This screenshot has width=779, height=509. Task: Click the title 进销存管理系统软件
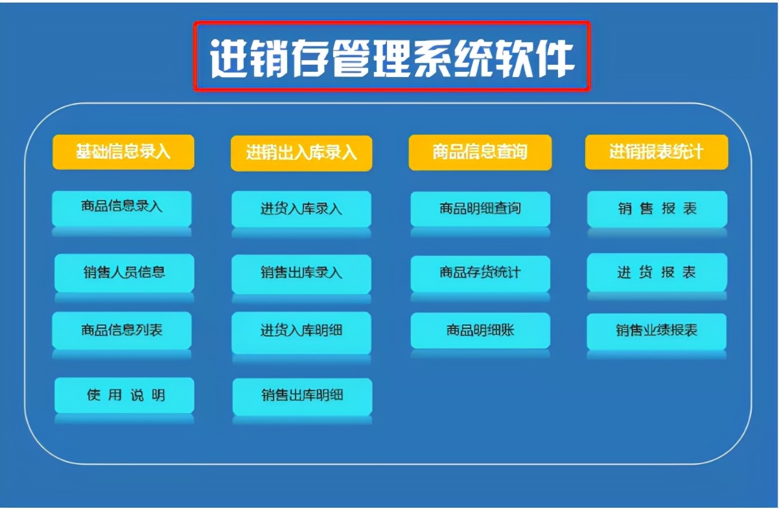pyautogui.click(x=391, y=57)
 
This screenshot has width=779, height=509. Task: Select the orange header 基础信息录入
pyautogui.click(x=123, y=152)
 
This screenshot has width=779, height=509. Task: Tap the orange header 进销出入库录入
pyautogui.click(x=301, y=153)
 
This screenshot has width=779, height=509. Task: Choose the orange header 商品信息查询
pyautogui.click(x=480, y=152)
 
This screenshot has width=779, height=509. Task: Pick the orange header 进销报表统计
pyautogui.click(x=656, y=152)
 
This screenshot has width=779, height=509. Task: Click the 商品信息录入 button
pyautogui.click(x=122, y=207)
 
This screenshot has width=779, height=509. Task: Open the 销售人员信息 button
pyautogui.click(x=124, y=272)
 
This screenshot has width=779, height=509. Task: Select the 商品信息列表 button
pyautogui.click(x=122, y=330)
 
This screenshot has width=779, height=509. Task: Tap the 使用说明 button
pyautogui.click(x=124, y=395)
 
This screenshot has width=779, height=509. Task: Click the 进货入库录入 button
pyautogui.click(x=301, y=209)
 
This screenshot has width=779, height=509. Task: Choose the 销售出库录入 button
pyautogui.click(x=301, y=273)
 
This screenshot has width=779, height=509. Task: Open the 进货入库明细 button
pyautogui.click(x=301, y=331)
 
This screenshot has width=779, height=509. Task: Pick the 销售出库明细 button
pyautogui.click(x=302, y=396)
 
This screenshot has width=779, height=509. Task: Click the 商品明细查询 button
pyautogui.click(x=480, y=209)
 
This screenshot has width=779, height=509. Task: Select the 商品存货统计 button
pyautogui.click(x=480, y=273)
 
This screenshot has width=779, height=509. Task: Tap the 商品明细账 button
pyautogui.click(x=480, y=330)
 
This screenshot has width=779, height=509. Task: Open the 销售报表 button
pyautogui.click(x=657, y=209)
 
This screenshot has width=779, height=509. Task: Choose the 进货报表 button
pyautogui.click(x=657, y=272)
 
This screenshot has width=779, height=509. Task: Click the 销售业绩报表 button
pyautogui.click(x=657, y=331)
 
